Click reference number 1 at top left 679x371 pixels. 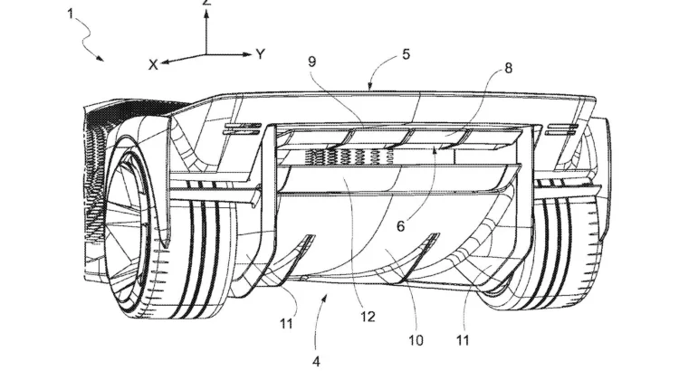coord(71,14)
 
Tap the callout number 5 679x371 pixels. coord(406,55)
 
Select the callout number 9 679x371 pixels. coord(311,62)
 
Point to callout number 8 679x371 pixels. coord(509,68)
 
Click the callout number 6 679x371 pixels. coord(401,226)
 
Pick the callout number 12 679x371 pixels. coord(368,317)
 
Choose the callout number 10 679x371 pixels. coord(416,340)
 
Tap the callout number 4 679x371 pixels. coord(316,361)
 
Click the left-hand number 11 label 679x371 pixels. coord(286,324)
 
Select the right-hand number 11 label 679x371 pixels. coord(463,340)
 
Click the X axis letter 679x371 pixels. coord(153,65)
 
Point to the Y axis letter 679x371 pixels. coord(260,54)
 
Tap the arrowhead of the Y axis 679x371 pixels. coord(247,54)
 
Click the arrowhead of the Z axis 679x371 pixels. coord(206,14)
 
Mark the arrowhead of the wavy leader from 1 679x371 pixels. coord(100,58)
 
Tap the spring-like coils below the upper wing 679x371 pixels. coord(349,157)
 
